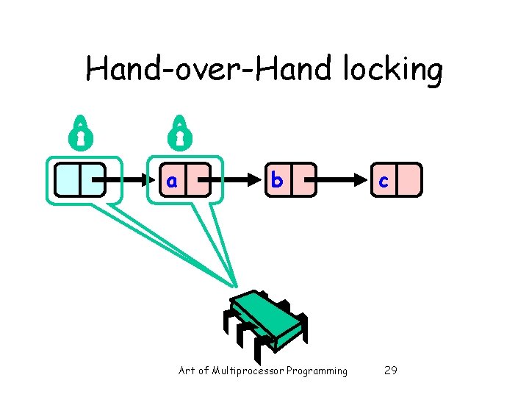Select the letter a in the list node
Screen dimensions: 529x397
[x=171, y=181]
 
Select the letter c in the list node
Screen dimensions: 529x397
[x=383, y=181]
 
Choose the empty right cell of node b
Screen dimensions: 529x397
[x=303, y=181]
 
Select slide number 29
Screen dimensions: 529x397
[x=391, y=371]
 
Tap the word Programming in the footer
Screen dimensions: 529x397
[x=317, y=371]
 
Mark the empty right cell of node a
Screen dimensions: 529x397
[x=198, y=181]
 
